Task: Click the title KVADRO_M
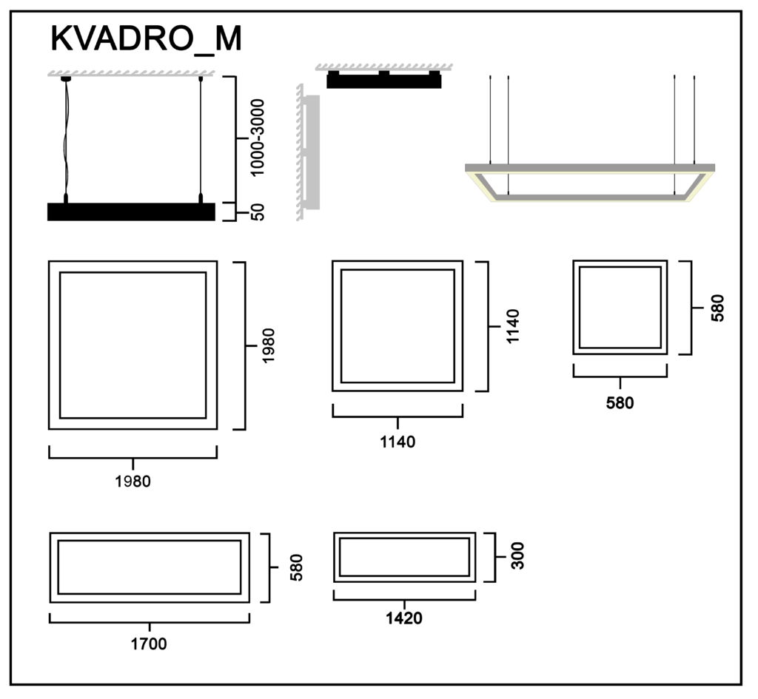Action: [x=146, y=38]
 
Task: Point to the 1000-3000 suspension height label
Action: [x=257, y=138]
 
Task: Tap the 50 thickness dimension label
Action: [x=258, y=212]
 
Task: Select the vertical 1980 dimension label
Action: [x=267, y=346]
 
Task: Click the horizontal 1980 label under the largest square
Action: [x=133, y=481]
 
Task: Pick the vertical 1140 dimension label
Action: [x=512, y=326]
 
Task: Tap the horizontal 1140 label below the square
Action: [x=398, y=442]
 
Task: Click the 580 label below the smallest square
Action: [x=620, y=403]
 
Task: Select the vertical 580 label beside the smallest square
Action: [x=717, y=308]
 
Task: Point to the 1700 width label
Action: [x=149, y=644]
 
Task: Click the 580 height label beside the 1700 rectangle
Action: [x=296, y=567]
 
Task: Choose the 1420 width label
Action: [x=404, y=618]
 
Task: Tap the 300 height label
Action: [x=517, y=556]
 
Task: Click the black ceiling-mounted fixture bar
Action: [x=384, y=80]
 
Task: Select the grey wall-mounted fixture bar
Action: [x=312, y=152]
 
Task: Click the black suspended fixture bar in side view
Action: [x=131, y=212]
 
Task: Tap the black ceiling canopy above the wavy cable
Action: [x=66, y=78]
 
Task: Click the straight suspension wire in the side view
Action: [x=201, y=137]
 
